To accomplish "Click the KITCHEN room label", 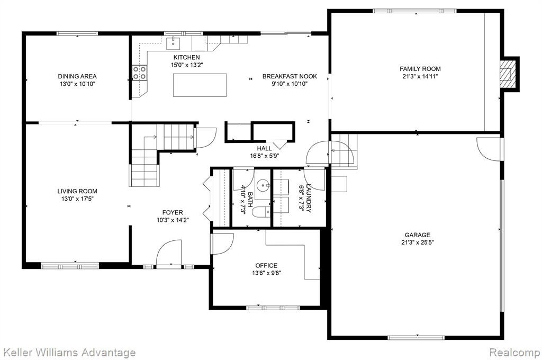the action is pos(186,57).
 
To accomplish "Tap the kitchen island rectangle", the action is pos(200,85).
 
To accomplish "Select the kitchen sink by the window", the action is pos(174,43).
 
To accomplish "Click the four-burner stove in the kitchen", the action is pos(140,73).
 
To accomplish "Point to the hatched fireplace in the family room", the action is pos(508,74).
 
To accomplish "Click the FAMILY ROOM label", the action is pos(420,69).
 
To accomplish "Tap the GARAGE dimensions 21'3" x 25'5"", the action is pos(418,242).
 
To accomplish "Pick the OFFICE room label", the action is pos(266,266).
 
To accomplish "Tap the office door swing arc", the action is pos(223,244).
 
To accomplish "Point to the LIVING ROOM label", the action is pos(77,191).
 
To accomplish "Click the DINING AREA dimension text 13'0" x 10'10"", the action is pos(77,84).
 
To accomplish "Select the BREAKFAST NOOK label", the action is pos(290,76).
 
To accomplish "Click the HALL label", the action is pos(265,149).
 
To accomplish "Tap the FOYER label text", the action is pos(173,213).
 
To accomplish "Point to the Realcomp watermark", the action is pos(515,353).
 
